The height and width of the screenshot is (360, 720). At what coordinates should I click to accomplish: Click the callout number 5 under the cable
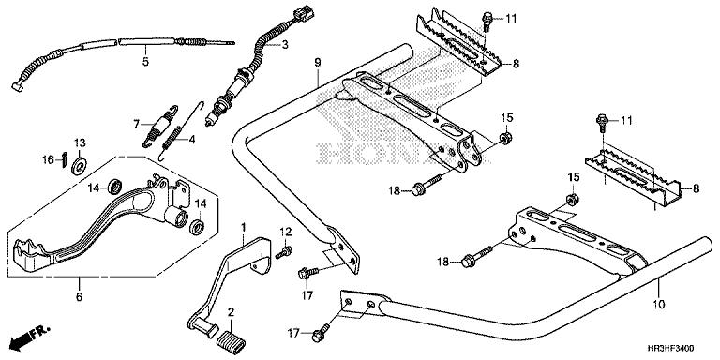coord(145,63)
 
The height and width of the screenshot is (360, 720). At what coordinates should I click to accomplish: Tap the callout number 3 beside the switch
coord(285,44)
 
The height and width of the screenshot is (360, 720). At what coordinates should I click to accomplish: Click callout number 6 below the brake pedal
coord(79,297)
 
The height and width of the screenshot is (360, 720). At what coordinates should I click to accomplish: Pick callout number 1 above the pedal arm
coord(243,228)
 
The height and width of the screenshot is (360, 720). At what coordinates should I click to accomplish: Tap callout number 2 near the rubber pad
coord(232,312)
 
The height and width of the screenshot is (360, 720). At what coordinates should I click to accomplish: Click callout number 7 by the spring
coord(135,124)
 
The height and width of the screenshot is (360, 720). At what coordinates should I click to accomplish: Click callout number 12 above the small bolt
coord(287,232)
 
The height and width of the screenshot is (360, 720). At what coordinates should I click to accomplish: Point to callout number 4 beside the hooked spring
coord(191,141)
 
